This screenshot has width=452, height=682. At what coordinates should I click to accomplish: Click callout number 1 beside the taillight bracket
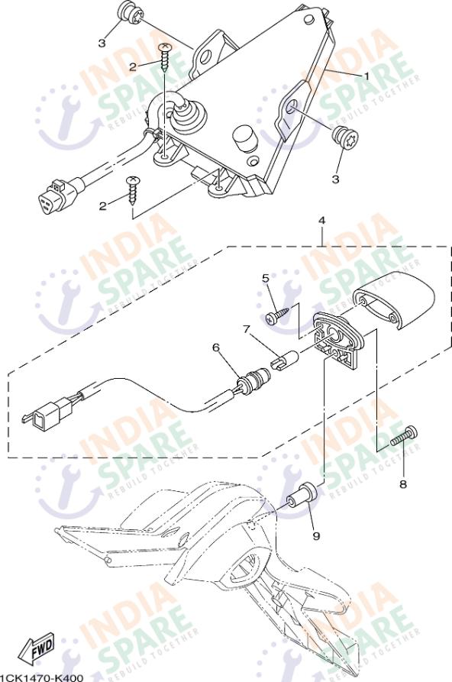[366, 76]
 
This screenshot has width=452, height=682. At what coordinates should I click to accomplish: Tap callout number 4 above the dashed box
[321, 221]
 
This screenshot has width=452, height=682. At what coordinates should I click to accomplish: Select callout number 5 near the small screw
[266, 278]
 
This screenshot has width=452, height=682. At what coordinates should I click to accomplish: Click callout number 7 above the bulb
[247, 329]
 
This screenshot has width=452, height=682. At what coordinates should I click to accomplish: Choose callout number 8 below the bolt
[403, 483]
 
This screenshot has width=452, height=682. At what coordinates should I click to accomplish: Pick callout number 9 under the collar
[316, 536]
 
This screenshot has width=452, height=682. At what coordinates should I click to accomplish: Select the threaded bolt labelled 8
[404, 435]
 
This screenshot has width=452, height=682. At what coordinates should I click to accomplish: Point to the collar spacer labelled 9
[303, 495]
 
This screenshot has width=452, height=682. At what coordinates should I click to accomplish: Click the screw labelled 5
[278, 315]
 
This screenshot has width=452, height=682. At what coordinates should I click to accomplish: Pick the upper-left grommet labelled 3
[129, 14]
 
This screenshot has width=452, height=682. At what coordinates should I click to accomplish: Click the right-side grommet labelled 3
[345, 139]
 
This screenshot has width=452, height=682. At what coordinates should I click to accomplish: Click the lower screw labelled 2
[133, 190]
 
